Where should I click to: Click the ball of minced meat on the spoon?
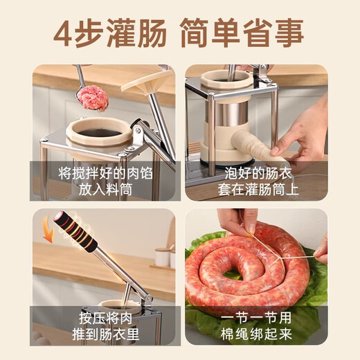tap(92, 98)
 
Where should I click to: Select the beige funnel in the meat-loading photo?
tap(146, 82)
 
